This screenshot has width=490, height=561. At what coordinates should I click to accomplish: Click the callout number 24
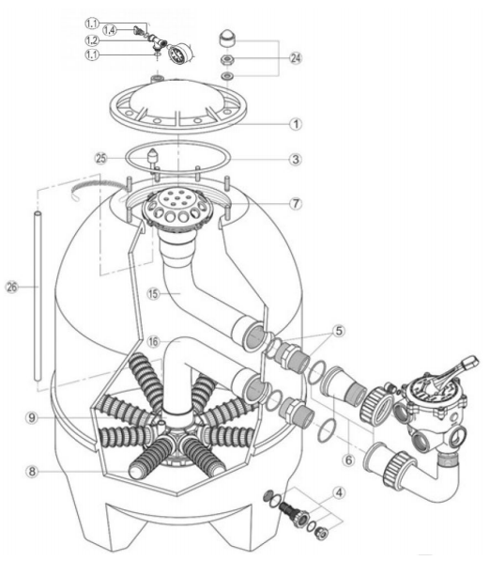(296, 58)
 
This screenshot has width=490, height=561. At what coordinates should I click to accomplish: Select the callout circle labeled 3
(296, 159)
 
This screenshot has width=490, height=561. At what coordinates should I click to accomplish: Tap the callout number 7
(296, 204)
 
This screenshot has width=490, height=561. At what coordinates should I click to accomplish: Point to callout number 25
(101, 158)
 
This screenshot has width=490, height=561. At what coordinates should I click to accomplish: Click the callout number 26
(12, 287)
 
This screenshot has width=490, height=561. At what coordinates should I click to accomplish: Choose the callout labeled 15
(153, 294)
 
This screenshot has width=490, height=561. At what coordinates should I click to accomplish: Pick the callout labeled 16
(153, 342)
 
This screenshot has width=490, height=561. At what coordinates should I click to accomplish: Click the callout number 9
(32, 417)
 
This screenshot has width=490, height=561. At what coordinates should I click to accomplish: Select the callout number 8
(32, 472)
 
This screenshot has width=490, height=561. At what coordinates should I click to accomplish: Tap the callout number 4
(339, 492)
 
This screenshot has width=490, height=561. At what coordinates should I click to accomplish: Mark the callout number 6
(349, 460)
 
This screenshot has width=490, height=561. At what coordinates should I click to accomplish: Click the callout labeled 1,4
(110, 30)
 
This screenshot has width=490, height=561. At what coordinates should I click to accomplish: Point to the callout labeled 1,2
(92, 40)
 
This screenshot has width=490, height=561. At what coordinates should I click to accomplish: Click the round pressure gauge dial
(178, 53)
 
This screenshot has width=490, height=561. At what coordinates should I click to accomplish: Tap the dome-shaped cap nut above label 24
(227, 38)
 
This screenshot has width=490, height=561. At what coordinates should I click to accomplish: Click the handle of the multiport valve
(454, 372)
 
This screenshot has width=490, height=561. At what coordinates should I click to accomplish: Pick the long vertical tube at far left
(38, 296)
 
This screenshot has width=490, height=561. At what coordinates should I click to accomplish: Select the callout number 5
(339, 331)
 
